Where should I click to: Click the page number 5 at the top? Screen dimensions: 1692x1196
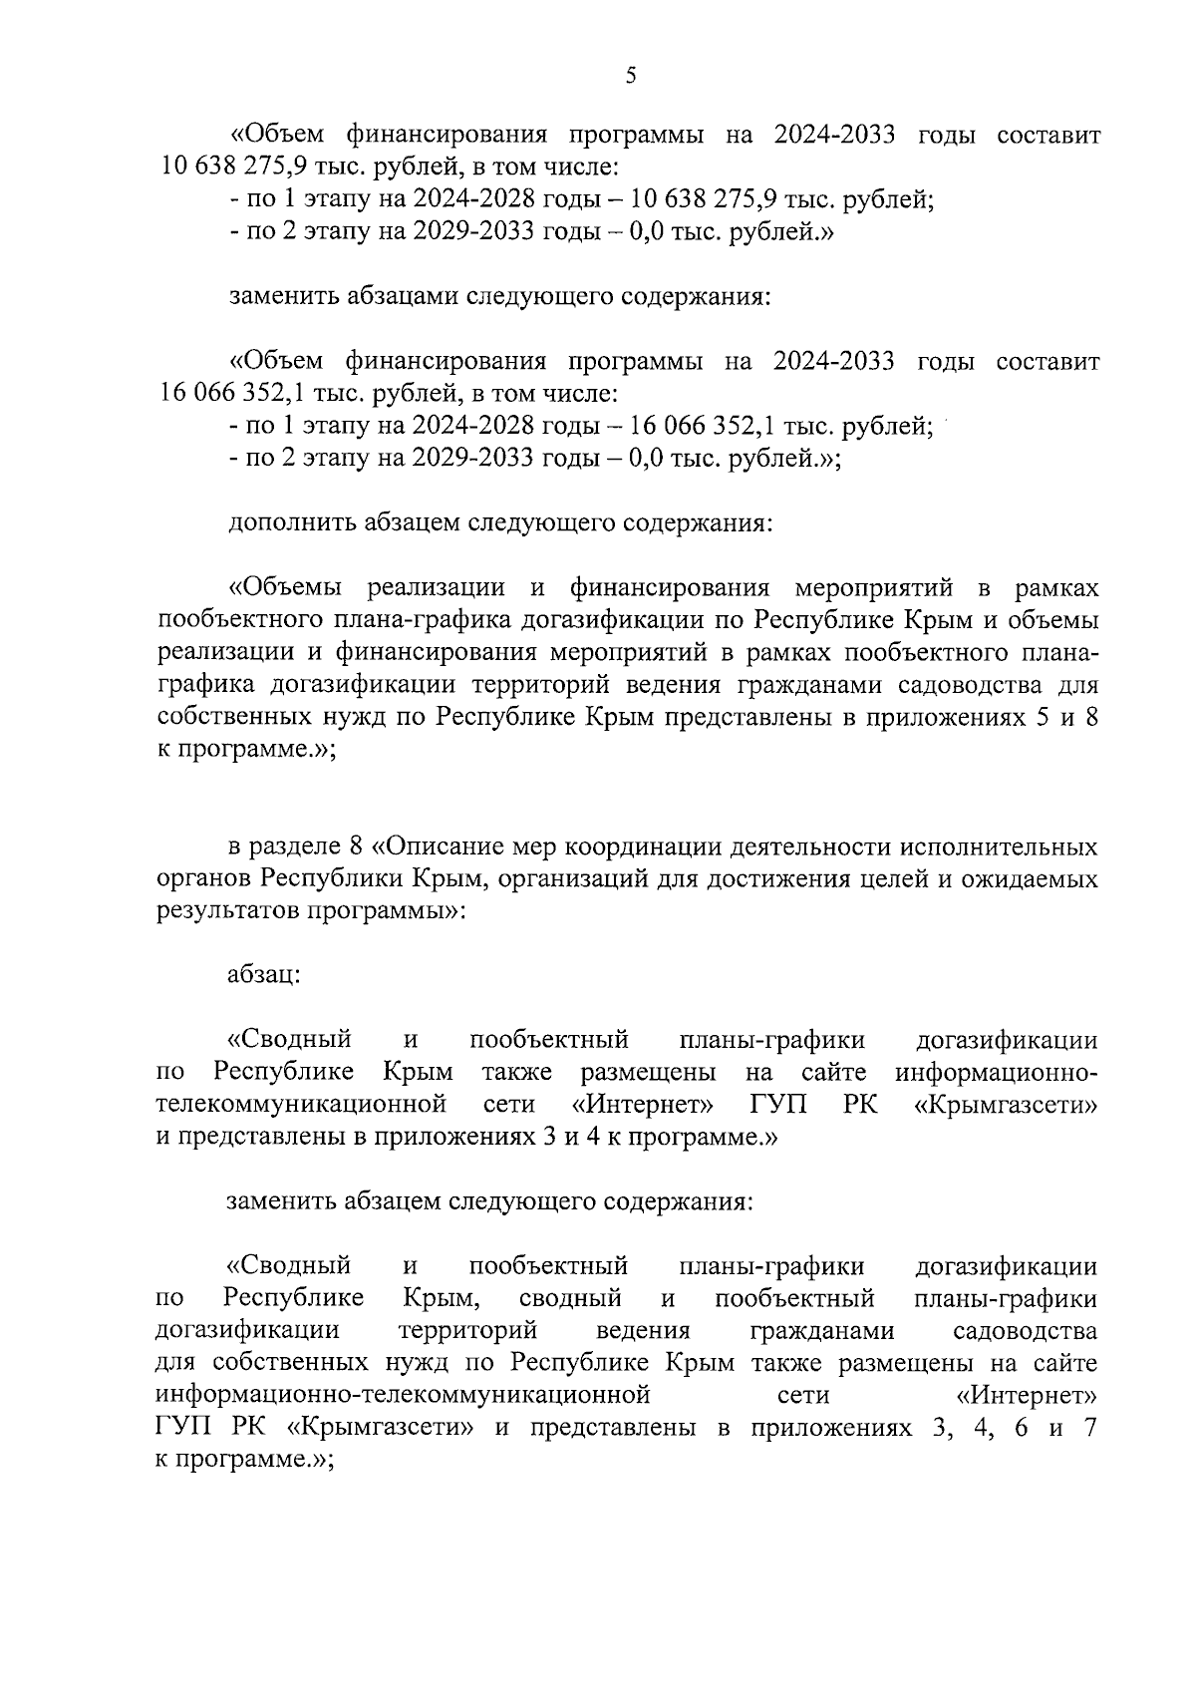coord(630,76)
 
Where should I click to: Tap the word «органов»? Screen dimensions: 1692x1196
coord(205,879)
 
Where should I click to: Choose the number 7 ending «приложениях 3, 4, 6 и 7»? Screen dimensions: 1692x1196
coord(1089,1428)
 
